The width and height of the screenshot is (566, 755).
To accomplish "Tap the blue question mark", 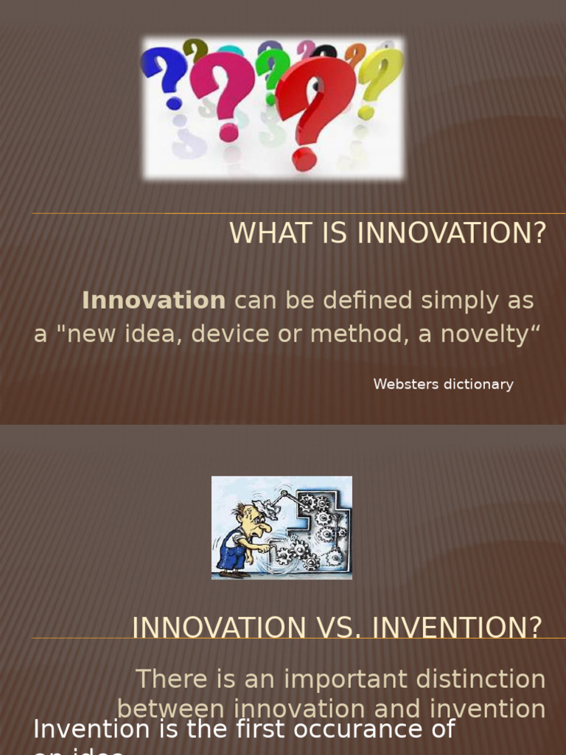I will click(x=166, y=74).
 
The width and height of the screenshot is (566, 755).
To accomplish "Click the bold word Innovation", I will click(x=153, y=301).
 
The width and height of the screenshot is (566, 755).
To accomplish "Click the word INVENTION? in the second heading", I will click(x=457, y=627).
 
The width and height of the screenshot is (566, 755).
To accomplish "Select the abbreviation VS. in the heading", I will click(x=335, y=627).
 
